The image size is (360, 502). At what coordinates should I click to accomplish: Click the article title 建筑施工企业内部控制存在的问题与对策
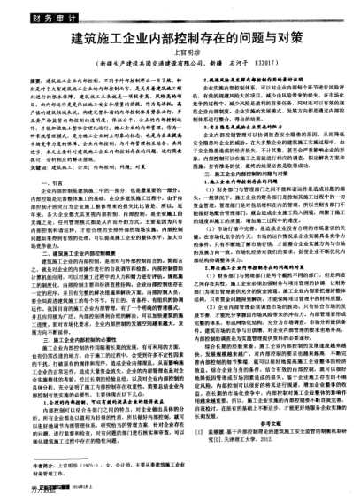180,42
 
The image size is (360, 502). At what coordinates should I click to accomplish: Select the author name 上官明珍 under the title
180,57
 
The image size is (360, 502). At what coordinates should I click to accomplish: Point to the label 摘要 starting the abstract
56,81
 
